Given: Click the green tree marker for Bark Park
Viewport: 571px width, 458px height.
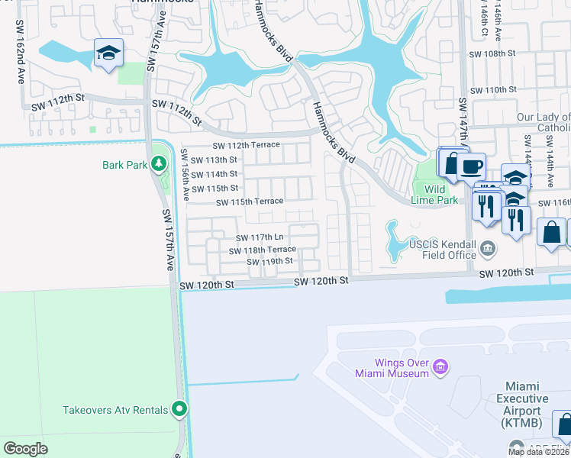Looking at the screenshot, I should pos(158,163).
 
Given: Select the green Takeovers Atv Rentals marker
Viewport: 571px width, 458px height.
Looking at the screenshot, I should pos(179,410).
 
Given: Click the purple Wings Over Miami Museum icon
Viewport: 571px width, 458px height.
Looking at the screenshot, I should pos(440,368).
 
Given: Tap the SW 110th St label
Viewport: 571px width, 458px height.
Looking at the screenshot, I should pos(493,90).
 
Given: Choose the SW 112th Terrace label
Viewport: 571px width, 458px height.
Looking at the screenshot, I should pos(246,145).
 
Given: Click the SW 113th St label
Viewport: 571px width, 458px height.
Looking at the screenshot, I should pos(215,160).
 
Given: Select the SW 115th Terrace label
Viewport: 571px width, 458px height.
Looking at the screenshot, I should pos(250,202).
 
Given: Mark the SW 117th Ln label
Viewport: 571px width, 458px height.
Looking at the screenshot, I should pos(260,238).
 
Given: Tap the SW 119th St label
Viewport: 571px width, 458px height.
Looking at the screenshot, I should pos(269,261).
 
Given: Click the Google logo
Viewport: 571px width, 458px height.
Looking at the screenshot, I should pos(26,449).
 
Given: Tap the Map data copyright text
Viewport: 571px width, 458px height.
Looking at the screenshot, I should pos(538,452).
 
